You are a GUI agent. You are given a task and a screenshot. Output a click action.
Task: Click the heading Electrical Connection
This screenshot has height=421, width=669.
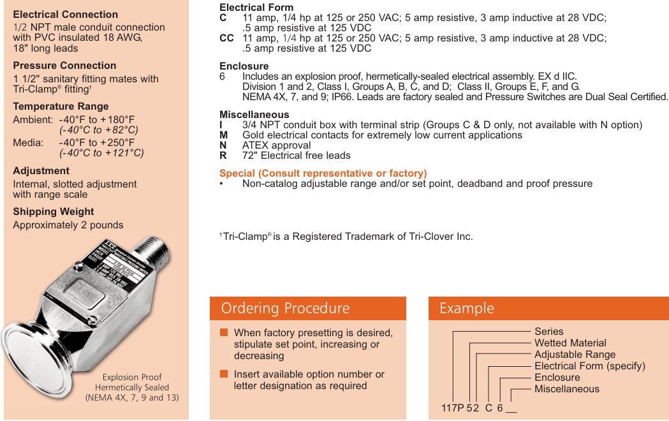[x=65, y=14]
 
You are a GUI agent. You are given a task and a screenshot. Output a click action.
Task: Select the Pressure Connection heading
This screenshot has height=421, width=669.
[x=64, y=66]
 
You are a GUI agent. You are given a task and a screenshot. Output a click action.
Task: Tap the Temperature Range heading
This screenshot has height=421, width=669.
[x=61, y=107]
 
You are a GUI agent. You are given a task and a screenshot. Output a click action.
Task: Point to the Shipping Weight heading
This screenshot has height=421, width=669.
[x=54, y=212]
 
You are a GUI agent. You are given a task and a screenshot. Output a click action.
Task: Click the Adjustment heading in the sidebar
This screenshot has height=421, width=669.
[x=41, y=171]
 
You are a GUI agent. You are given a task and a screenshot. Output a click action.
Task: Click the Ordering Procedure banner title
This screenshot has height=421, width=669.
[x=285, y=308]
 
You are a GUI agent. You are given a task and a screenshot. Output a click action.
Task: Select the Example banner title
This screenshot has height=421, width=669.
[x=466, y=308]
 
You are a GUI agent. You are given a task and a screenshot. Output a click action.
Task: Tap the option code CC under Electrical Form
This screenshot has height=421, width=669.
[x=226, y=38]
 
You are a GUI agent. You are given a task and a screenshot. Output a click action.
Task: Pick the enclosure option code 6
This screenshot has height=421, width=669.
[x=223, y=77]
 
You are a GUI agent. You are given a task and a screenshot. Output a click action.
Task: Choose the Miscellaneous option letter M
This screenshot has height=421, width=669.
[x=223, y=135]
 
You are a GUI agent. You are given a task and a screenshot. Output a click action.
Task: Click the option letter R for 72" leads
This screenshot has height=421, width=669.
[x=223, y=156]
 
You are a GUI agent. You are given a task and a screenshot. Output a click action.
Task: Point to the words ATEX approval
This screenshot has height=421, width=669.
[x=277, y=145]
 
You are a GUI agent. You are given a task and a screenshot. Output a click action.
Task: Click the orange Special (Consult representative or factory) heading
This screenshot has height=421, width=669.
[x=323, y=174]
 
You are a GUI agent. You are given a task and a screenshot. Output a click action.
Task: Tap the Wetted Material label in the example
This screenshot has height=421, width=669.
[x=570, y=343]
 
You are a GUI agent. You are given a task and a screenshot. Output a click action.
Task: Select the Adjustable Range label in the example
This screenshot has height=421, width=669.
[x=575, y=355]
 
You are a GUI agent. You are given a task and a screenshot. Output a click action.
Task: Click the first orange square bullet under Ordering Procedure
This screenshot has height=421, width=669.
[x=224, y=333]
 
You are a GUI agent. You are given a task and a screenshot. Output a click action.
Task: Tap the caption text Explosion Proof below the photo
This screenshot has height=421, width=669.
[x=132, y=377]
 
